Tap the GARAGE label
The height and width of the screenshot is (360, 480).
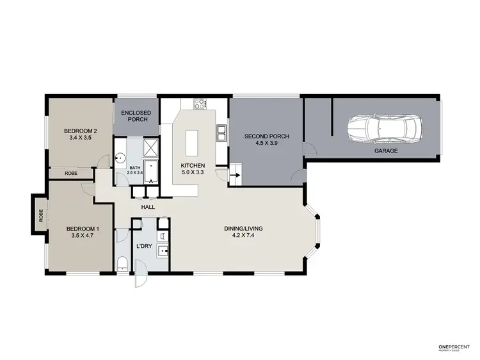386,151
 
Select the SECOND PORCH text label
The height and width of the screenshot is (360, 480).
267,136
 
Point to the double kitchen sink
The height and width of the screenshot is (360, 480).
222,133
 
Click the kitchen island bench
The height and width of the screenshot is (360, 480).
191,143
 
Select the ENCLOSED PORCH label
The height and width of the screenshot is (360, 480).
136,117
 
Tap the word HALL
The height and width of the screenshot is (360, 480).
148,206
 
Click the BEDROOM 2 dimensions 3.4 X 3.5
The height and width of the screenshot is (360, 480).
79,137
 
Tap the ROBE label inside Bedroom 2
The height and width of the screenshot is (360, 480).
71,173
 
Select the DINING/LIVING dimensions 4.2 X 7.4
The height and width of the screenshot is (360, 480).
243,236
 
